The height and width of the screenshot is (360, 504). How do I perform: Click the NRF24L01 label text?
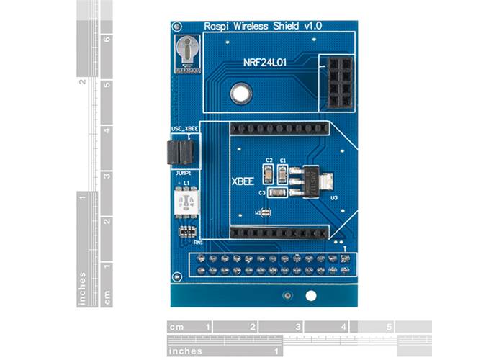pos(265,63)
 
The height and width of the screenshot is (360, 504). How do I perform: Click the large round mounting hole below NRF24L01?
pos(240,92)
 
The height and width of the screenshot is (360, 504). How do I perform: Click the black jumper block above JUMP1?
pos(180,152)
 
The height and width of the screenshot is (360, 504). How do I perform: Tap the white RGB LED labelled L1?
pos(186,202)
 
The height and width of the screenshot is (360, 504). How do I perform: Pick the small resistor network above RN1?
pos(187,232)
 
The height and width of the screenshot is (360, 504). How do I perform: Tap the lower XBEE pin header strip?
pos(279,233)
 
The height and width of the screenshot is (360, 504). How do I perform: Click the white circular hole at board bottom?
pos(311,296)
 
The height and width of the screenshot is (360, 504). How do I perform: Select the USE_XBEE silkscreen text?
pos(184,129)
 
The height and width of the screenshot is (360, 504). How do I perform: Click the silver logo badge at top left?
pos(187,52)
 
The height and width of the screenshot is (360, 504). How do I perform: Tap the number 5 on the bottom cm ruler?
pos(389,327)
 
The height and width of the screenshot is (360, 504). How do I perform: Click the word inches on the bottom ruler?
pos(185,351)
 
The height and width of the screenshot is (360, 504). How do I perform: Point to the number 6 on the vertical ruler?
pos(107,40)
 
